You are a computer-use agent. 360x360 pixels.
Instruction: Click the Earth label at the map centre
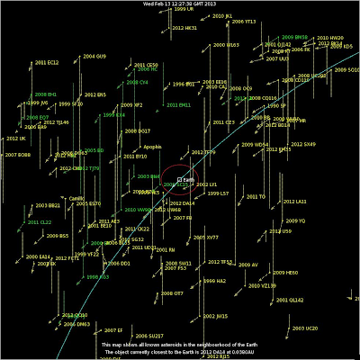[x=188, y=180]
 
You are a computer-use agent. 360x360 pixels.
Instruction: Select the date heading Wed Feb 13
[x=180, y=4]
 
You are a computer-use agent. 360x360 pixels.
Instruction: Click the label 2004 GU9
[x=94, y=56]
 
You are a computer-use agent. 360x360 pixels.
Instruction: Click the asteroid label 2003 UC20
[x=305, y=329]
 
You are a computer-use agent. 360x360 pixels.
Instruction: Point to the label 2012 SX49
[x=303, y=143]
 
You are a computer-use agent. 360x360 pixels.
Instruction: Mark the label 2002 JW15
[x=216, y=316]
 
